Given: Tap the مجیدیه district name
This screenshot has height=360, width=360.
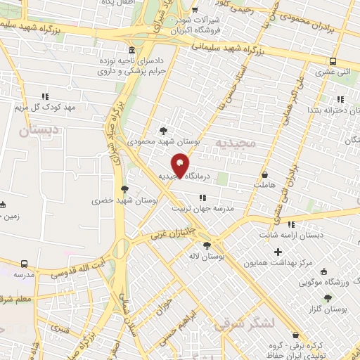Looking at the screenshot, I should tap(239, 143).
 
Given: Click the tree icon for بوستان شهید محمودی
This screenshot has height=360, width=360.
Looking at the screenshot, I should tap(164, 131).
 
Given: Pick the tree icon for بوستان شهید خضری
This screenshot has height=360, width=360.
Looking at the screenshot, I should tap(125, 188).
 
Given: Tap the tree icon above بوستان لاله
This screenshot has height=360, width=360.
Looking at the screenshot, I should tap(206, 245).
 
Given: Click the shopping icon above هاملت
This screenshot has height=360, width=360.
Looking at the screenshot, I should tap(264, 174).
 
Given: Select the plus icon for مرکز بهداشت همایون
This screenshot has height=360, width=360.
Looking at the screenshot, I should tap(278, 252).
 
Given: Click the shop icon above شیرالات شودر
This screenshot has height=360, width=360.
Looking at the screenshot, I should tap(193, 11).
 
